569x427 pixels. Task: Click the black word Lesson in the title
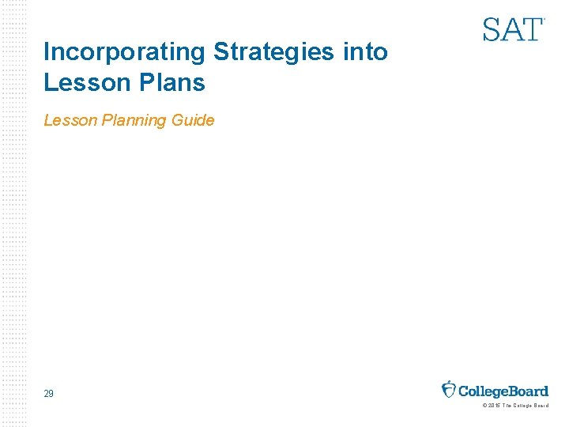[80, 81]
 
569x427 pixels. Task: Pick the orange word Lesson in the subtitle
[70, 120]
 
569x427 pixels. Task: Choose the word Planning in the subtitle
[134, 121]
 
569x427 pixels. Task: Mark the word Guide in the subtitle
[193, 120]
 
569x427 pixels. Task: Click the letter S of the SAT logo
[492, 30]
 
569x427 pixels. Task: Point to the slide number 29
[49, 393]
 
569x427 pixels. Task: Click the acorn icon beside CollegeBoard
[449, 389]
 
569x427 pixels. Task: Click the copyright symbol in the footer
[484, 406]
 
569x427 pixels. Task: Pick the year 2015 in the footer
[494, 406]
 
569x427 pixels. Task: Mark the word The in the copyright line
[507, 406]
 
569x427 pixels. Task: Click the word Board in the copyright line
[540, 406]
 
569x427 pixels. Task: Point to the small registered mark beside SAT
[544, 19]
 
